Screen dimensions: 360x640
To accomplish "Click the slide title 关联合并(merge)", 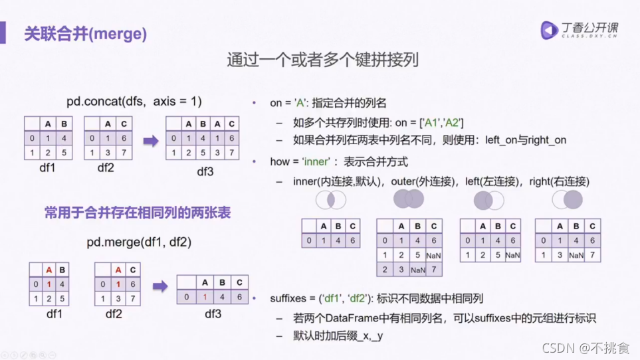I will click(86, 33).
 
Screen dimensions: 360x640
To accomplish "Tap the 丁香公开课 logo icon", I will click(549, 30).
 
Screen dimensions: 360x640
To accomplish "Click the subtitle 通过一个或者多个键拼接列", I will click(322, 60).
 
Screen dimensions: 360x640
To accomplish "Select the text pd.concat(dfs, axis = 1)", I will click(134, 102).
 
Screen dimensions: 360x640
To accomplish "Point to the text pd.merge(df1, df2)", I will click(139, 242).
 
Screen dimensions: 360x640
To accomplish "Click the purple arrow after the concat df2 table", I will click(151, 140).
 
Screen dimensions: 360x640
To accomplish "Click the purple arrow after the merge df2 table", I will click(160, 286).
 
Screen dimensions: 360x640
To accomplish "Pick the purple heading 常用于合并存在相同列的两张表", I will click(138, 213).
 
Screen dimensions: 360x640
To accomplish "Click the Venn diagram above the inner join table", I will click(330, 199).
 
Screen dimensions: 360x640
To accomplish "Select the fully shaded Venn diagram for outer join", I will click(408, 199).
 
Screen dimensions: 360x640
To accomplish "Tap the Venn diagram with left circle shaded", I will click(488, 200).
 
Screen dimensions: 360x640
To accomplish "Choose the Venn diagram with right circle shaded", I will click(568, 199).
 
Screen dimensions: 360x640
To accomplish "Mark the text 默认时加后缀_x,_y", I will click(338, 336).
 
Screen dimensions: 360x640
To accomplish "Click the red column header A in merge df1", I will click(49, 270).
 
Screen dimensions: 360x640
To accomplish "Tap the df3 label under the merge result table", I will click(212, 314).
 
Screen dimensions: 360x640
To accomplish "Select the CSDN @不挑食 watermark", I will click(586, 348).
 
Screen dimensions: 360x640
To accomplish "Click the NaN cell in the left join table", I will click(512, 255).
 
